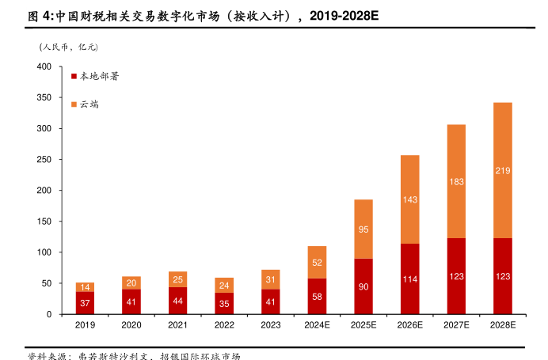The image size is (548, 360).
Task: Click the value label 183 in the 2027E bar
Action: click(456, 182)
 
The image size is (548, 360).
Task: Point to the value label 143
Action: click(409, 200)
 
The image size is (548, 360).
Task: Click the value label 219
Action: click(502, 171)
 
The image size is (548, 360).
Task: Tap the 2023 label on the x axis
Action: click(271, 325)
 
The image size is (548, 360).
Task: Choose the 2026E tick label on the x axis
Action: click(409, 325)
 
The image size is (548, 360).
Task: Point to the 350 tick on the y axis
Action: click(44, 97)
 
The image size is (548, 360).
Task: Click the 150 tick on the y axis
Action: click(44, 222)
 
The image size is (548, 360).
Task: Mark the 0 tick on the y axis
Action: click(49, 314)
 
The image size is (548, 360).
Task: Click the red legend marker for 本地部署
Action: click(74, 77)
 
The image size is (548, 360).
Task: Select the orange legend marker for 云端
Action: click(74, 104)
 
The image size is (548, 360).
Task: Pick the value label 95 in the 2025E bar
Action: click(363, 229)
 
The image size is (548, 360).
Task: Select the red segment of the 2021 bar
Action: click(178, 301)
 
